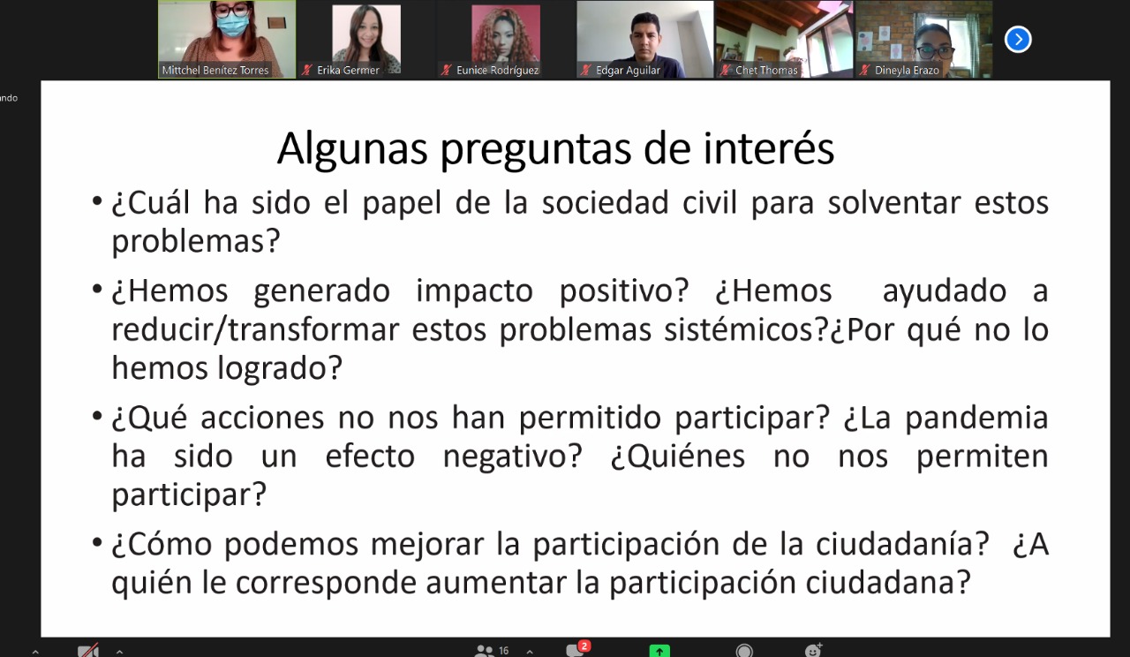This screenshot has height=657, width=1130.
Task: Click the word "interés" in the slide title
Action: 768,148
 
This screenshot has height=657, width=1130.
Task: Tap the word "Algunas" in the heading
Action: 352,149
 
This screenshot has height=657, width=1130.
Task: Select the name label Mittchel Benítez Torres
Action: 215,70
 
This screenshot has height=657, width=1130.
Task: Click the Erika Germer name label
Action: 348,70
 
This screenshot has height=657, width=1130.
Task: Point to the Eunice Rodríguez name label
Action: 497,70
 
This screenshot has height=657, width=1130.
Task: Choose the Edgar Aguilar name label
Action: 628,70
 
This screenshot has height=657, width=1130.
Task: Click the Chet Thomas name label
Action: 766,70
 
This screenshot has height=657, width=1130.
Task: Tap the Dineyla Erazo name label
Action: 907,70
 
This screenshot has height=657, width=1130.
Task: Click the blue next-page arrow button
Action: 1018,40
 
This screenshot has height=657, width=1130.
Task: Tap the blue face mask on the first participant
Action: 232,25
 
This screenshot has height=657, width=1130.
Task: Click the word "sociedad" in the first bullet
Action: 606,203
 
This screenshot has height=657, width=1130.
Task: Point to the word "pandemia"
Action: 976,419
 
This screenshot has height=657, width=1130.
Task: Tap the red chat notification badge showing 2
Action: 584,646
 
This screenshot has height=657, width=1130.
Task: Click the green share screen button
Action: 659,651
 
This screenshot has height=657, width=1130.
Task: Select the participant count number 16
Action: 503,651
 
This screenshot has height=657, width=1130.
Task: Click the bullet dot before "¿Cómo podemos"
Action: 97,543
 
